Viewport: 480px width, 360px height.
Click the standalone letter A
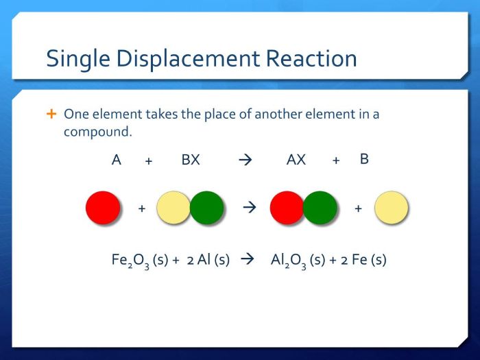[117, 160]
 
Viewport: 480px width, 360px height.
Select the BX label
[191, 160]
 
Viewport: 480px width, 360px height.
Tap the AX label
[296, 160]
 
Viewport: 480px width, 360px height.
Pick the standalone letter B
[364, 159]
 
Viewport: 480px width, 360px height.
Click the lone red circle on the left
[103, 208]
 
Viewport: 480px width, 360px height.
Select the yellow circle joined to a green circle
[173, 208]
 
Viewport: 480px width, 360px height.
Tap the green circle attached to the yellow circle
[207, 208]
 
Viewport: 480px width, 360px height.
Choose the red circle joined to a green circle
[287, 208]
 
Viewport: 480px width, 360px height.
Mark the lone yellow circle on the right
[392, 208]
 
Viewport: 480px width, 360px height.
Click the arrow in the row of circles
[250, 208]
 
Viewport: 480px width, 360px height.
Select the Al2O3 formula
[289, 261]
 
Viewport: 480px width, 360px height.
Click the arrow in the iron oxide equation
[249, 260]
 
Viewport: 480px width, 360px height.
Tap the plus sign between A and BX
[148, 161]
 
